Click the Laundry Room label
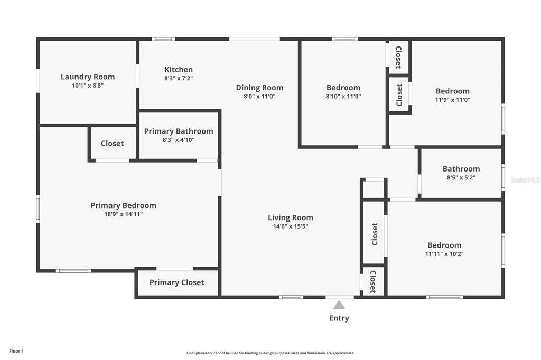pos(88,77)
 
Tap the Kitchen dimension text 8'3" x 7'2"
pos(179,78)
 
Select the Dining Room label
pos(259,88)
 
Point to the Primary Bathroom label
pos(179,131)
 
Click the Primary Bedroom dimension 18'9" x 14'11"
pos(124,214)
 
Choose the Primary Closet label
pos(176,282)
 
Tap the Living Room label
pos(291,217)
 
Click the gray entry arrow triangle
pos(339,305)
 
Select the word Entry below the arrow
pos(339,318)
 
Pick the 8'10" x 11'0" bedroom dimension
pos(343,97)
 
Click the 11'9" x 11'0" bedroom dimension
pos(453,100)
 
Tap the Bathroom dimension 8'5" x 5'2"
pos(461,177)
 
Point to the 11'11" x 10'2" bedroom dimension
pos(444,254)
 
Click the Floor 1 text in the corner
pos(16,351)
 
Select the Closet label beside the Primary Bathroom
pos(112,143)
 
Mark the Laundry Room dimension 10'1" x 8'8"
pos(88,86)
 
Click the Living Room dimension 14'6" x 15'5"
pos(291,226)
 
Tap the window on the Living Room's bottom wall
pos(291,297)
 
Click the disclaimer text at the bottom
pos(270,353)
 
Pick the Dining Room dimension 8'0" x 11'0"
pos(259,97)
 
